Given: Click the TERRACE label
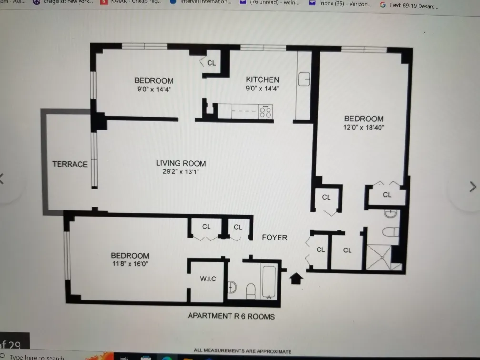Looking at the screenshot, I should (70, 164).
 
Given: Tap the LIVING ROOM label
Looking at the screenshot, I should (181, 163).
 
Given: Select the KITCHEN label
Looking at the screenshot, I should (262, 80).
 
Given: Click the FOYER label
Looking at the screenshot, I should (275, 237).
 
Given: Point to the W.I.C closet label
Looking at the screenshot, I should (208, 279).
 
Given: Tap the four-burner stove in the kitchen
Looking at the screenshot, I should (266, 112).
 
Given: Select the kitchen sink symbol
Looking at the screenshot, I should (304, 80).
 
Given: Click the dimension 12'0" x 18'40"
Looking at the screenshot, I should (364, 127).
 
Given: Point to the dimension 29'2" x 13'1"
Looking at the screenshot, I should (181, 172).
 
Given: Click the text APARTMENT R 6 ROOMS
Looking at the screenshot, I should (231, 316).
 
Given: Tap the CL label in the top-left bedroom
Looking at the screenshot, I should (211, 63).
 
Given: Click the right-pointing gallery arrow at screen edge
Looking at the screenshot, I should (472, 186).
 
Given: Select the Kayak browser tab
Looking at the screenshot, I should (129, 2).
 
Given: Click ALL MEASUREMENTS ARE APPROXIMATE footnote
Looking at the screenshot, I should (242, 351).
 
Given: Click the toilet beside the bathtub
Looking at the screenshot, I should (250, 290).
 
